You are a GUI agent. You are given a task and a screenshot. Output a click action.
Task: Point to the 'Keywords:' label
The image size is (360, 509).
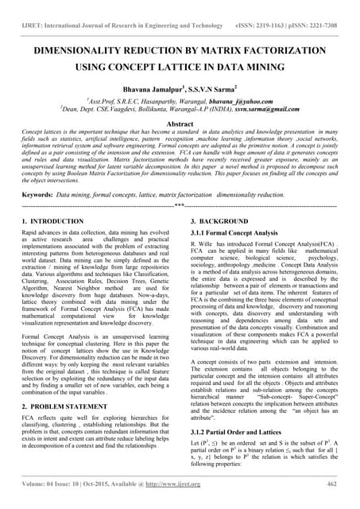click(37, 194)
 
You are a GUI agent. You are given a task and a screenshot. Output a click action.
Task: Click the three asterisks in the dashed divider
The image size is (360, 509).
click(180, 205)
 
